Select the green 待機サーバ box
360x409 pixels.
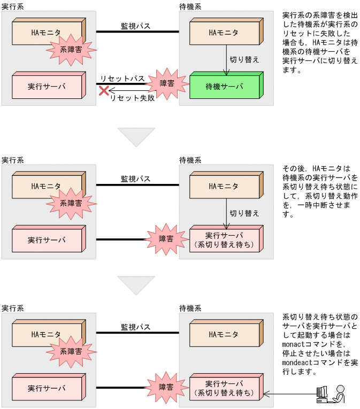[224, 87]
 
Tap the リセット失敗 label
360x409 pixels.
[132, 98]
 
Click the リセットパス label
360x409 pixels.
[122, 79]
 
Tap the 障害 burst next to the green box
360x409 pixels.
[167, 84]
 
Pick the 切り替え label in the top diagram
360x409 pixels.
[244, 59]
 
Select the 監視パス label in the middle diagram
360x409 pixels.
[135, 179]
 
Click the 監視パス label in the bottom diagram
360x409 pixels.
[135, 327]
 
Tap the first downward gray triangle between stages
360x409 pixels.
[136, 137]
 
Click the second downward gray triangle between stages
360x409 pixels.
[136, 285]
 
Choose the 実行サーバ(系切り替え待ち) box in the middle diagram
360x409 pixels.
[224, 240]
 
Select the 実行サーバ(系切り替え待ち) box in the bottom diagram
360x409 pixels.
[224, 388]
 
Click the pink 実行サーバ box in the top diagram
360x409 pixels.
[47, 87]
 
